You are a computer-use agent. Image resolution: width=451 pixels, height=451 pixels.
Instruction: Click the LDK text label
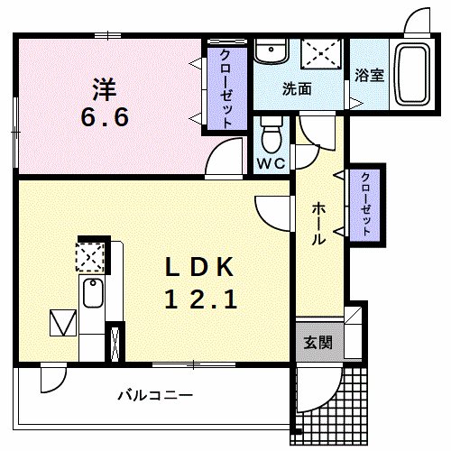click(199, 268)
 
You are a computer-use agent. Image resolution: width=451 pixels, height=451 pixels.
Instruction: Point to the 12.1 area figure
click(200, 299)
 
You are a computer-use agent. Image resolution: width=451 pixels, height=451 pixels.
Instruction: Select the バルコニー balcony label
click(154, 395)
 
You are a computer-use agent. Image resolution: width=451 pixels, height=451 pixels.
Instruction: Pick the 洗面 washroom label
click(297, 89)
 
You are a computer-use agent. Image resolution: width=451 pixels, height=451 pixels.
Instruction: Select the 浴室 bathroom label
click(370, 76)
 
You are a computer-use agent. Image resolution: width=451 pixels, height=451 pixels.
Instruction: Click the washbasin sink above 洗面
click(268, 53)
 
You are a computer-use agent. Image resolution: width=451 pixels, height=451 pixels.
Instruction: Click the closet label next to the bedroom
click(222, 87)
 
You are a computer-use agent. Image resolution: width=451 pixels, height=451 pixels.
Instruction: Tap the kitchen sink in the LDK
click(92, 293)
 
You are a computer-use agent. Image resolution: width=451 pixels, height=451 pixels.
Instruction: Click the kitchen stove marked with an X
click(90, 257)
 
